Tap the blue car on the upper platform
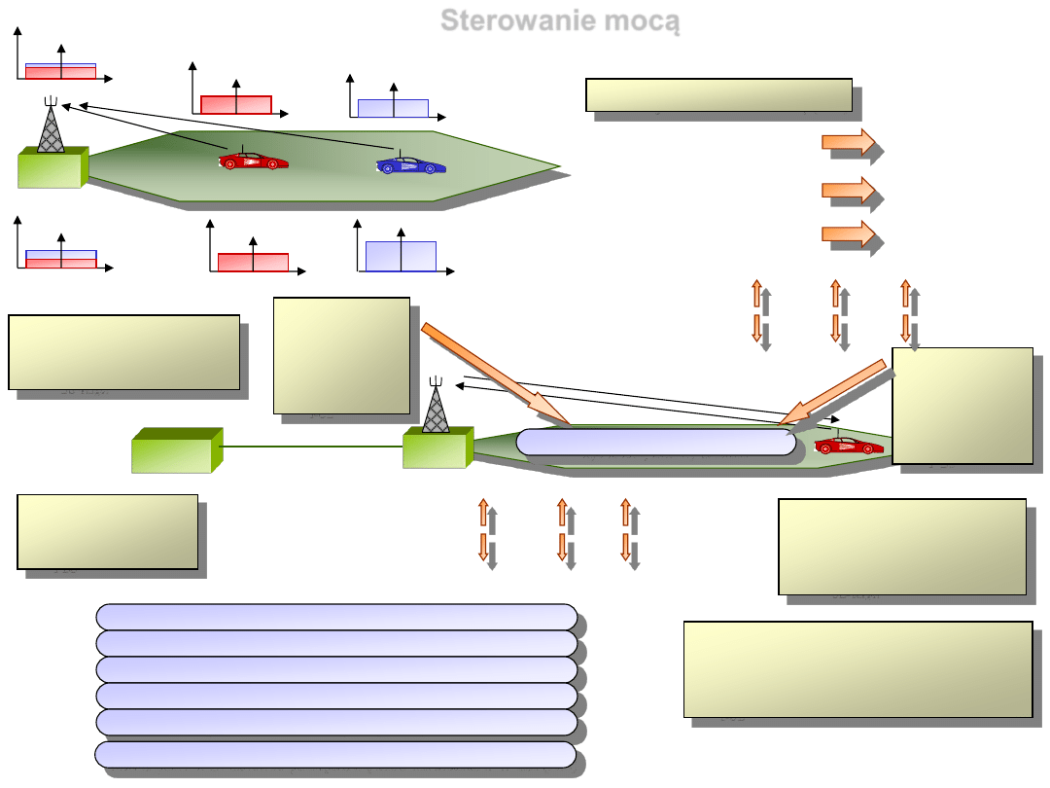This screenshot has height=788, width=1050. [x=410, y=164]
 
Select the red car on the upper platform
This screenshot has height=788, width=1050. [x=253, y=160]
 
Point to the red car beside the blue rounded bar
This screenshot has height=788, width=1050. [x=849, y=445]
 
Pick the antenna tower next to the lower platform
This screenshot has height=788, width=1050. [x=436, y=407]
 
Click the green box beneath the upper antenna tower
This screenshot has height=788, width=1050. [x=51, y=168]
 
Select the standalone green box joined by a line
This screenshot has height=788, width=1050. [x=171, y=451]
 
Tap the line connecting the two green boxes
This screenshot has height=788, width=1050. [x=311, y=447]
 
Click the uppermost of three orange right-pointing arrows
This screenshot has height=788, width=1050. [x=848, y=143]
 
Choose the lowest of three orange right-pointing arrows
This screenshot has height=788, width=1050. [x=848, y=233]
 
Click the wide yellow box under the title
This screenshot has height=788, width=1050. [x=718, y=94]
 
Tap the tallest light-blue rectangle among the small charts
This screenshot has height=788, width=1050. [x=401, y=255]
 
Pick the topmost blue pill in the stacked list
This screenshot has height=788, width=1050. [x=336, y=616]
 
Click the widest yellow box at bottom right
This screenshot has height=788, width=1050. [x=857, y=668]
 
